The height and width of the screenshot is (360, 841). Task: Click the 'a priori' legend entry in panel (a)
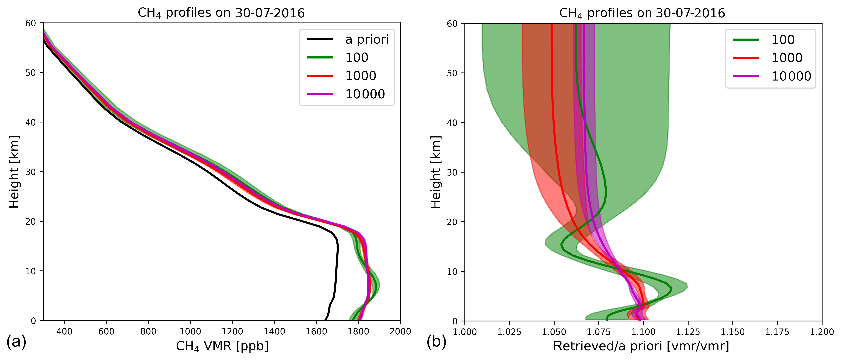point(367,39)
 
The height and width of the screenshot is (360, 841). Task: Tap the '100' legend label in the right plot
point(783,40)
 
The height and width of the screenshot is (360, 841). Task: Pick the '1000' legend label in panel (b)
point(787,58)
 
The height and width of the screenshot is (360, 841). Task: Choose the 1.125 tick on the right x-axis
point(688,332)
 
